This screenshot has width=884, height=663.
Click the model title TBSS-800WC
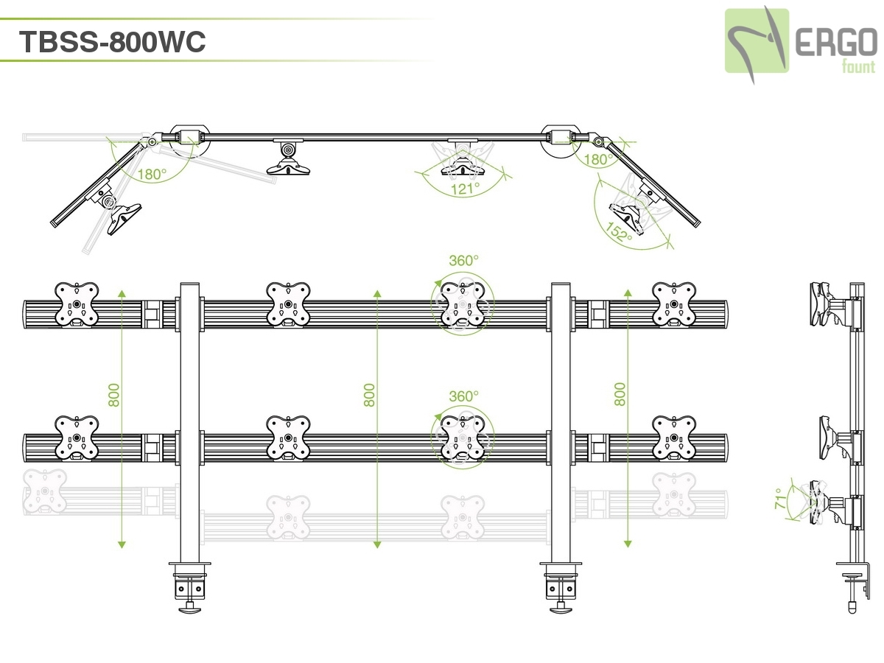pyautogui.click(x=112, y=42)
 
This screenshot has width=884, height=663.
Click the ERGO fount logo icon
pyautogui.click(x=757, y=41)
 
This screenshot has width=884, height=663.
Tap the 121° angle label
pyautogui.click(x=466, y=189)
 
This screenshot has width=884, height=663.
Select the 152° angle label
pyautogui.click(x=620, y=231)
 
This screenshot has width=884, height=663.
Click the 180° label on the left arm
pyautogui.click(x=152, y=175)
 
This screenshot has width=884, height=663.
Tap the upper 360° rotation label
pyautogui.click(x=464, y=260)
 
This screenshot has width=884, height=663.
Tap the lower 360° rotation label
pyautogui.click(x=464, y=396)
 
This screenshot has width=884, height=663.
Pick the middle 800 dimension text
pyautogui.click(x=370, y=395)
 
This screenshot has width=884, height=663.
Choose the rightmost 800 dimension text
pyautogui.click(x=620, y=395)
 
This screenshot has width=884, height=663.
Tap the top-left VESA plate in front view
pyautogui.click(x=77, y=304)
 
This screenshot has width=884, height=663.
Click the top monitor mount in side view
pyautogui.click(x=825, y=304)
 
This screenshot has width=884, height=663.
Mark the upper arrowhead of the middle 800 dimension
pyautogui.click(x=377, y=293)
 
